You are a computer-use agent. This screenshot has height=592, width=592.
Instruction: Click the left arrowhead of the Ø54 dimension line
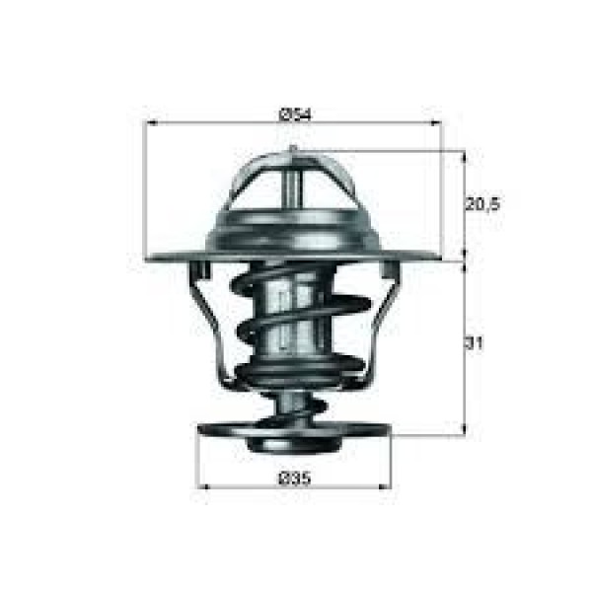(x=152, y=123)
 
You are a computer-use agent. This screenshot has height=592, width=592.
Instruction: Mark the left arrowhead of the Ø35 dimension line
(x=205, y=485)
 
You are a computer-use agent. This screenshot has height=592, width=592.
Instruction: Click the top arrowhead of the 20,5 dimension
(x=463, y=156)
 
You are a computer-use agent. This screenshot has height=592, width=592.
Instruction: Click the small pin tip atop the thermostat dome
(x=292, y=150)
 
